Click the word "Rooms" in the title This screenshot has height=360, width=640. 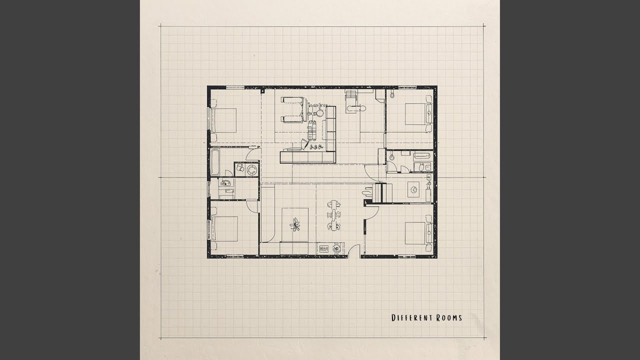[448, 317]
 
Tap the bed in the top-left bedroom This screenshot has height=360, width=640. [223, 120]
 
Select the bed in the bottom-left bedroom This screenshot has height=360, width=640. [224, 229]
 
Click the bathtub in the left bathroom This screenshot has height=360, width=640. [214, 161]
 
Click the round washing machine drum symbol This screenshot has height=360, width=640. [251, 169]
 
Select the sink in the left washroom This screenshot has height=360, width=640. [225, 183]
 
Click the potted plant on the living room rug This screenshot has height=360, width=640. [295, 224]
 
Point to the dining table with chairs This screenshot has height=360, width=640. [333, 215]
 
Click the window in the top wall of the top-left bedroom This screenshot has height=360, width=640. [235, 87]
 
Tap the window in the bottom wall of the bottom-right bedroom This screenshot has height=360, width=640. [407, 256]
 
